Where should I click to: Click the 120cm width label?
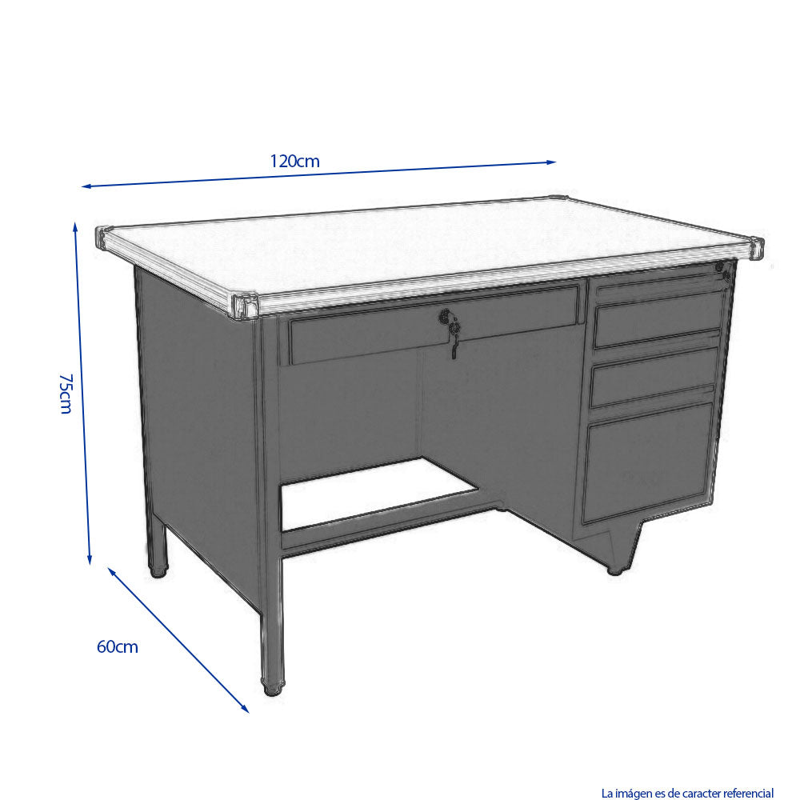[294, 162]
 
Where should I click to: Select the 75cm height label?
[66, 394]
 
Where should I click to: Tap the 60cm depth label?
[118, 646]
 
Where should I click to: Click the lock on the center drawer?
[446, 317]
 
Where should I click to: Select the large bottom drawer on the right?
[647, 462]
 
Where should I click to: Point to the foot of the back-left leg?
[158, 570]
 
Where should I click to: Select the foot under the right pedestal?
[617, 570]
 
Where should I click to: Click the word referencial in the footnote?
[749, 793]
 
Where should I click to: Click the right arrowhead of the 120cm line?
[551, 162]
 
